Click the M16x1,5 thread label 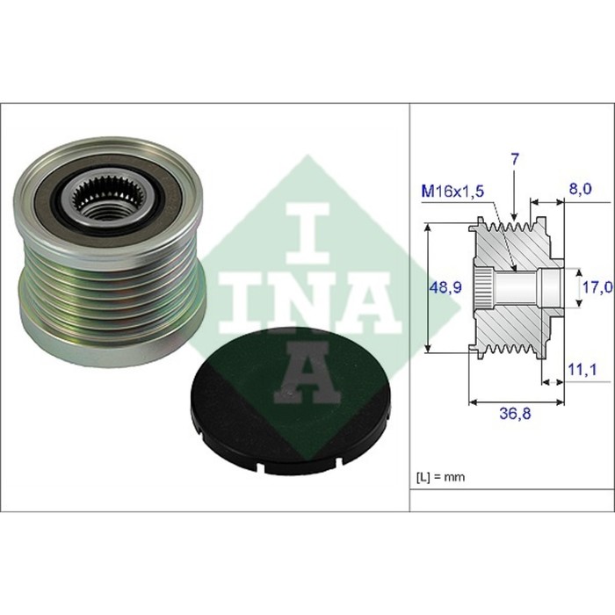(x=452, y=192)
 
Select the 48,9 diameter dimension (x=445, y=288)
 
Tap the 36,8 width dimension (x=515, y=413)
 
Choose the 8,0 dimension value (x=580, y=189)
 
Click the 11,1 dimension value (x=582, y=369)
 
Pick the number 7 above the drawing (x=515, y=159)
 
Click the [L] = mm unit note (x=440, y=477)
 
